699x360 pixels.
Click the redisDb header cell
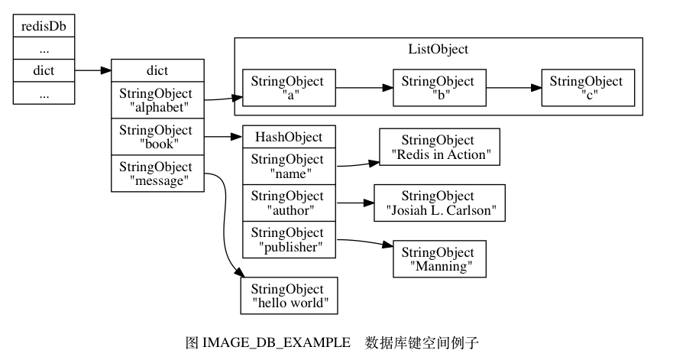coord(44,26)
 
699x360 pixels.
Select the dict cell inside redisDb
coord(44,70)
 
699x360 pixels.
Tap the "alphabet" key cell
coord(157,99)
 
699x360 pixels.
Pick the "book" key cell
coord(157,137)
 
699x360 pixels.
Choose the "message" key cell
coord(157,174)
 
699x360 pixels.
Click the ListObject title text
coord(438,50)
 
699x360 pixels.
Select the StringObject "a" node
coord(288,88)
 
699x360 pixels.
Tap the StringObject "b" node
coord(438,88)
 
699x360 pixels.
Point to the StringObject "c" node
coord(587,88)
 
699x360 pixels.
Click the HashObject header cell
coord(288,138)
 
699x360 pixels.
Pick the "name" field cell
coord(288,166)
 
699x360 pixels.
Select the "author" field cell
coord(288,203)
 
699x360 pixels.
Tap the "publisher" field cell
coord(288,239)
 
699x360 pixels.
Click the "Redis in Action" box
coord(438,148)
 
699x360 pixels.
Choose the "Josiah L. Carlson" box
coord(438,203)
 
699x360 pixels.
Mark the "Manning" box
coord(438,259)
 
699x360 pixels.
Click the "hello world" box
coord(288,296)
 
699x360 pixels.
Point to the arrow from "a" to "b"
coord(364,88)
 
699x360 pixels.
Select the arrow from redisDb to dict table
coord(92,70)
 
